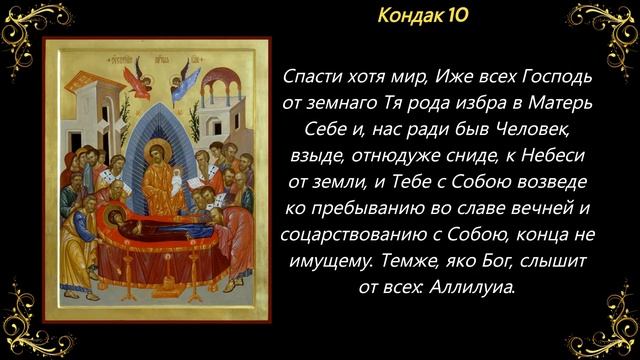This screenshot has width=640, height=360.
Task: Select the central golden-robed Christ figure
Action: coord(157,176)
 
